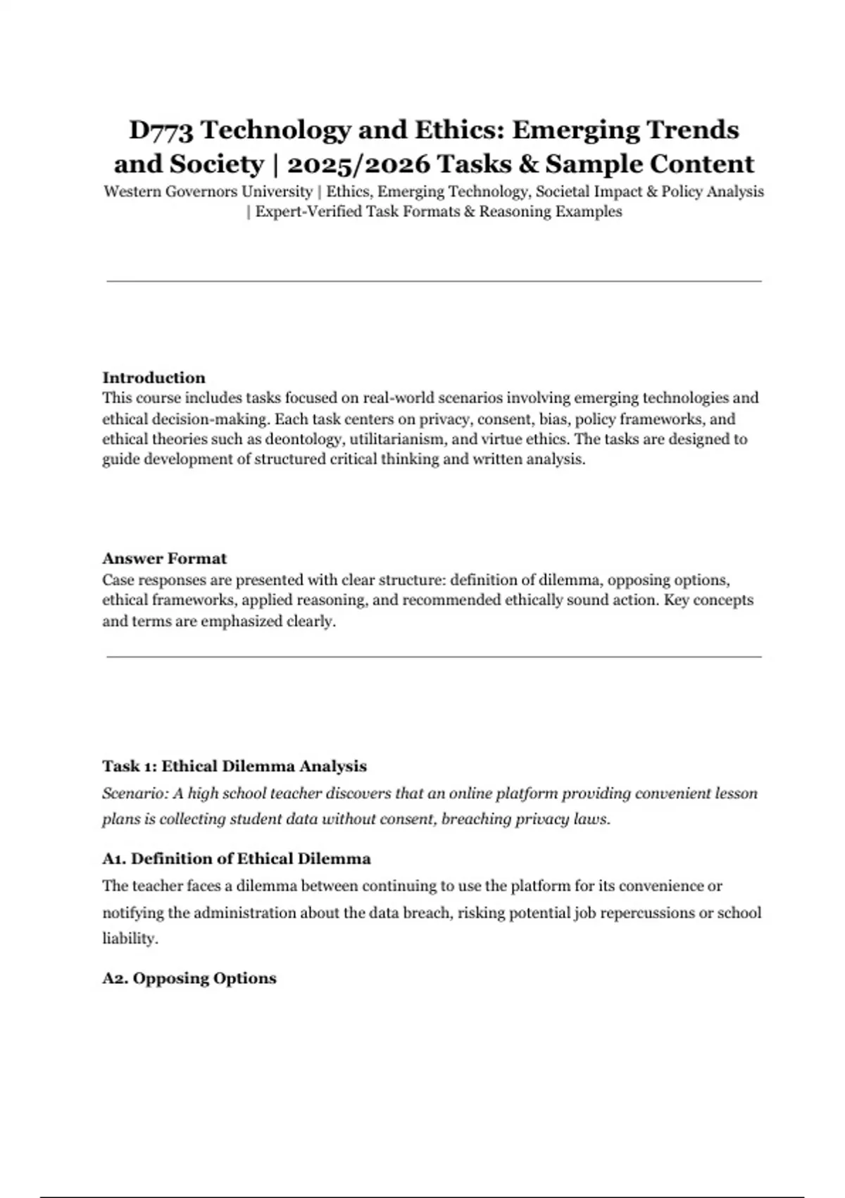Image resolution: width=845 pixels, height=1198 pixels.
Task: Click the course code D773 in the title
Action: coord(161,130)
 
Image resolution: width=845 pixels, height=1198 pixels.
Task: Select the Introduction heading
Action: coord(154,378)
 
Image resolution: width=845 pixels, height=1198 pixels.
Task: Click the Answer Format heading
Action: coord(164,559)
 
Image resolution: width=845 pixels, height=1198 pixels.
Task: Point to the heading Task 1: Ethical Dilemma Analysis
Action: coord(234,766)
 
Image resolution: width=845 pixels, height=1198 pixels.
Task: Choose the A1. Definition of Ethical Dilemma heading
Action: coord(237,859)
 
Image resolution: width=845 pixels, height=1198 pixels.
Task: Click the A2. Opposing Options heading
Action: coord(189,978)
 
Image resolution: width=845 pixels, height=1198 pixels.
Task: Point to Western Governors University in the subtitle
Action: coord(208,192)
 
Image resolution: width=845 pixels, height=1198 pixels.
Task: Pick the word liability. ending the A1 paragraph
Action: coord(130,939)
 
